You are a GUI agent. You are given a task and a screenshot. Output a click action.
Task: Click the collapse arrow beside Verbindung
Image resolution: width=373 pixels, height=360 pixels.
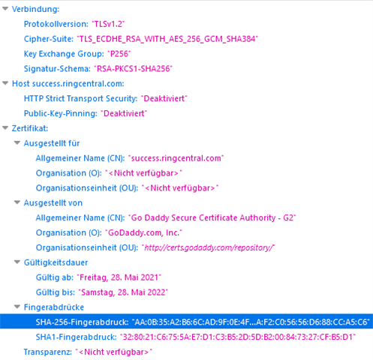coord(5,9)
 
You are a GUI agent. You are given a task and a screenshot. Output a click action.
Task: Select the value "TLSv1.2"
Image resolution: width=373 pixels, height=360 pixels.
coord(108,24)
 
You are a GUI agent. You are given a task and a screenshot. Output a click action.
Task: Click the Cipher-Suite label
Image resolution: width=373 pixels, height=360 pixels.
coord(49,39)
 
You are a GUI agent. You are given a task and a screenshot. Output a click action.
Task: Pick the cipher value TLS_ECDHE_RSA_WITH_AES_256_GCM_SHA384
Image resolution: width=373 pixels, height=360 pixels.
coord(167,39)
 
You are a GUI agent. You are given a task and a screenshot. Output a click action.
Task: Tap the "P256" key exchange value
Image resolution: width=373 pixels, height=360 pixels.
coord(119,54)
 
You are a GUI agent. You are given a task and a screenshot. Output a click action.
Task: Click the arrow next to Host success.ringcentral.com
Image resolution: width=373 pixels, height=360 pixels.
coord(5,83)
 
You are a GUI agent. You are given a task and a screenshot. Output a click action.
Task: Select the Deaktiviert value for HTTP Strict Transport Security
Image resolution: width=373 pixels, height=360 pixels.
coord(164,98)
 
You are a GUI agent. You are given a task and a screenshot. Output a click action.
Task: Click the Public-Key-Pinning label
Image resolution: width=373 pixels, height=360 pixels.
coord(61,113)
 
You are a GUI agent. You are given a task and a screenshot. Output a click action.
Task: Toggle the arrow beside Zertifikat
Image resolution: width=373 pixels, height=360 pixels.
coord(5,128)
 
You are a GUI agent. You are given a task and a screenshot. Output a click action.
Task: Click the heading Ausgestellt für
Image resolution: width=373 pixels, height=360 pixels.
coord(52,143)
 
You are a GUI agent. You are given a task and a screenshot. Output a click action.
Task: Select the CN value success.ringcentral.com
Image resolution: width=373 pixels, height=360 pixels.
coord(176,158)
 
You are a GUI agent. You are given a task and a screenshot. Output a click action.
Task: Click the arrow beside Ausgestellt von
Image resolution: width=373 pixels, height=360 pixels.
coord(17,202)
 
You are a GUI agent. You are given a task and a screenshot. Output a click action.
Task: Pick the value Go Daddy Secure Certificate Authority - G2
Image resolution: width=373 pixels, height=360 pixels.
coord(212,217)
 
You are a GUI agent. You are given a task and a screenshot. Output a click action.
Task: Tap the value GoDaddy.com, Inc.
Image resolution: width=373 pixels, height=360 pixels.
coord(143,232)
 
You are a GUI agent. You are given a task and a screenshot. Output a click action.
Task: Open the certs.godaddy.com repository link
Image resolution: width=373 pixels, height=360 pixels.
coord(208,247)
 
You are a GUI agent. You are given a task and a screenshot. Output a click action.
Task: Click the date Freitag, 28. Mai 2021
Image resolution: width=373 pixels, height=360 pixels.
coord(119,277)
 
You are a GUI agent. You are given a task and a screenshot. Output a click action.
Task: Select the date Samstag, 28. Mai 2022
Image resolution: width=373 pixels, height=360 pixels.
coord(123,292)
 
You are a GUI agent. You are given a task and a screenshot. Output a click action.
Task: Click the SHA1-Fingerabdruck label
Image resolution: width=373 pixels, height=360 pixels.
coord(76,337)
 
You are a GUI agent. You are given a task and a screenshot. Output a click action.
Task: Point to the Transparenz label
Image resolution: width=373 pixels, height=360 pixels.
coord(48,352)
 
